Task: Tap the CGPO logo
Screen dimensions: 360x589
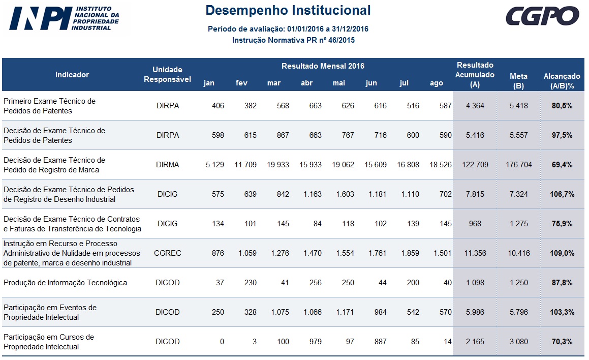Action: coord(542,16)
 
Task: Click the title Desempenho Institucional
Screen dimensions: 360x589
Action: coord(288,10)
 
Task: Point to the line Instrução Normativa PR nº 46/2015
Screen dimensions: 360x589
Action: coord(293,40)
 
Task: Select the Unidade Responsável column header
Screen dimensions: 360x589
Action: coord(167,74)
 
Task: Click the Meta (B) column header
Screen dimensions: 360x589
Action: coord(518,81)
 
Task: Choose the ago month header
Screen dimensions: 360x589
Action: coord(436,83)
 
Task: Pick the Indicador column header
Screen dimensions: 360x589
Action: coord(72,75)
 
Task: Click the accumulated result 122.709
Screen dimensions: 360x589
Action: coord(475,165)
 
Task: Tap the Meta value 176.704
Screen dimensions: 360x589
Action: coord(518,165)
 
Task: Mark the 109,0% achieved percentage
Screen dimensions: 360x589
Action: coord(562,253)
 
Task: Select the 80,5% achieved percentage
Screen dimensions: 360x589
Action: coord(562,106)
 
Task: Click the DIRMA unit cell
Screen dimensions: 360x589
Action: coord(167,165)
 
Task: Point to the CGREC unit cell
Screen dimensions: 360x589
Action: coord(167,253)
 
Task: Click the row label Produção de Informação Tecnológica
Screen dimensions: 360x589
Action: coord(65,283)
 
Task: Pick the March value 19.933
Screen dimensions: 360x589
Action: coord(278,165)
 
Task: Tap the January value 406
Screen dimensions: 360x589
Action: coord(215,106)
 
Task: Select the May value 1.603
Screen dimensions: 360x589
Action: coord(345,194)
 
